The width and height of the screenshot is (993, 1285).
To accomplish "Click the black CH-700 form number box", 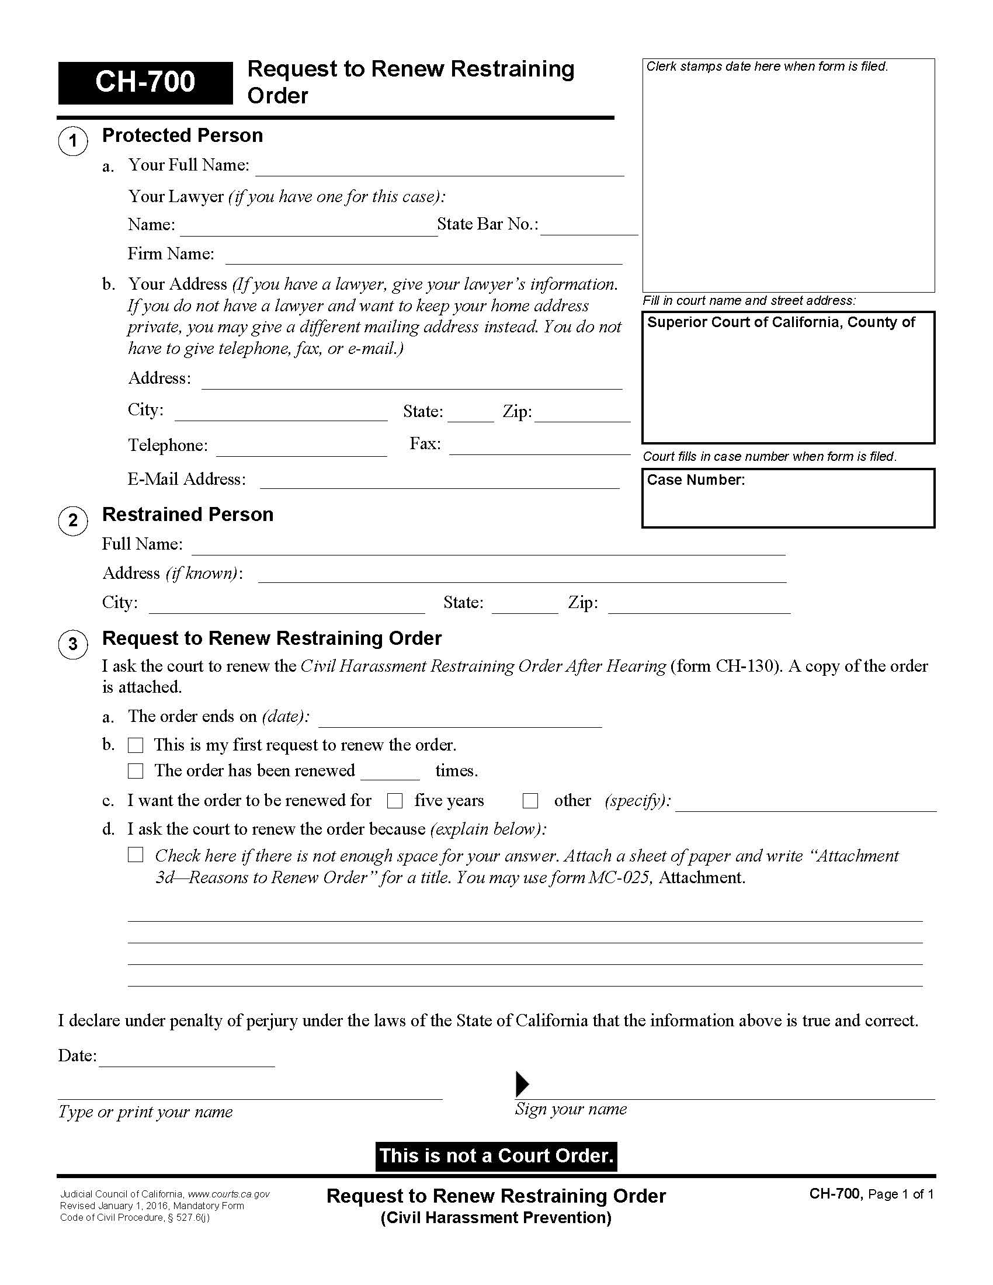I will pos(145,82).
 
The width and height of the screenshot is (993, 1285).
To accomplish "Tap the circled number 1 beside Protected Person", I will pos(73,141).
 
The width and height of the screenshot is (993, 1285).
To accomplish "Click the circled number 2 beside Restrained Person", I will pos(73,520).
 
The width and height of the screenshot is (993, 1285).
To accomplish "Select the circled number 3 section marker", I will pos(73,644).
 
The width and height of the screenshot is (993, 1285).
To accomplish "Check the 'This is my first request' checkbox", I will pos(136,745).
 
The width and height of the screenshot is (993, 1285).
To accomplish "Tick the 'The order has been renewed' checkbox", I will pos(136,771).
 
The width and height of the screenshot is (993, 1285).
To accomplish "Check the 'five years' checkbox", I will pos(395,801).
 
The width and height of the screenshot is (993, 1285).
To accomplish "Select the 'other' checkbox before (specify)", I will pos(530,801).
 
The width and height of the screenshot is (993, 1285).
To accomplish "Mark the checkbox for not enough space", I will pos(136,855).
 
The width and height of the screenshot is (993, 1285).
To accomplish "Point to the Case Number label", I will pos(696,480).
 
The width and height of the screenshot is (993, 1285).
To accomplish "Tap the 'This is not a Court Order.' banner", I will pos(496,1156).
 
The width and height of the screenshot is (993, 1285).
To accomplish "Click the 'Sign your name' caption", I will pos(571,1109).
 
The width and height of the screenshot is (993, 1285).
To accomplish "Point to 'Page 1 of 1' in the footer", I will pos(901,1194).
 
